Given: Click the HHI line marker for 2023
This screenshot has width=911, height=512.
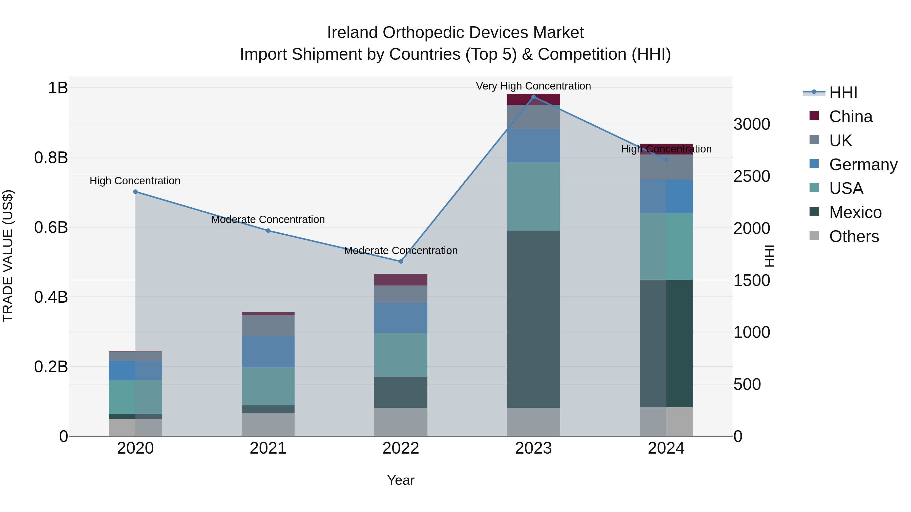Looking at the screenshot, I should [x=533, y=97].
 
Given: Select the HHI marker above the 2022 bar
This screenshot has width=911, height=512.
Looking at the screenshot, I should [x=401, y=261].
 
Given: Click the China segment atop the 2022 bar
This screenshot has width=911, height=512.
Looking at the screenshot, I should [x=401, y=280].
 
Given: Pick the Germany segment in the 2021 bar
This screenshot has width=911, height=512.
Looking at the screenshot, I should [x=268, y=352].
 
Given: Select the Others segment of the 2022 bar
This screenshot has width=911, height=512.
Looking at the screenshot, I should [x=401, y=422].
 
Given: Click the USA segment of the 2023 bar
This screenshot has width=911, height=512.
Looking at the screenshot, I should [x=533, y=196].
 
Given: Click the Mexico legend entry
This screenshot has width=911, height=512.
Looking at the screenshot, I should [x=855, y=213].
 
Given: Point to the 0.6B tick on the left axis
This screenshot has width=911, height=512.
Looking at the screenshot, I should [x=51, y=228].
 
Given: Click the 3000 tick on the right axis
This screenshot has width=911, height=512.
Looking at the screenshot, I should [x=752, y=124].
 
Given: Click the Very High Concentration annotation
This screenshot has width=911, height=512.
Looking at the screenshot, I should [x=533, y=86].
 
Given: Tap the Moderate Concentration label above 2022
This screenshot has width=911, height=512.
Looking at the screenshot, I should [x=401, y=251].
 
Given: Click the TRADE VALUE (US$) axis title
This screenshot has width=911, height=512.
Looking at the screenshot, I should [x=8, y=256].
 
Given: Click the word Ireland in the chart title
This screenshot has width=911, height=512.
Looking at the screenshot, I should [x=352, y=33].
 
